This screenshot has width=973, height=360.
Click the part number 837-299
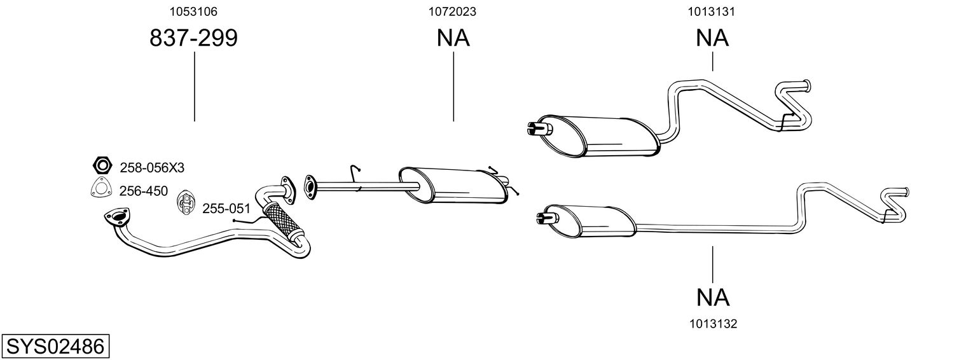coord(193,39)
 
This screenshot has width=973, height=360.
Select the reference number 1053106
coord(193,11)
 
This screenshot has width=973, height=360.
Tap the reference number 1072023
coord(453,11)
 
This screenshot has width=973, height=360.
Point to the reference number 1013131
coord(712,11)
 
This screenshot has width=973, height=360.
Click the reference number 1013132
coord(712,324)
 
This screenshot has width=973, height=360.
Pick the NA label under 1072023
coord(453,39)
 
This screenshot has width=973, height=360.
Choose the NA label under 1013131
coord(712,39)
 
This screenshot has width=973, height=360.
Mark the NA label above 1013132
coord(712,297)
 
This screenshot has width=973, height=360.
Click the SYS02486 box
coord(55,347)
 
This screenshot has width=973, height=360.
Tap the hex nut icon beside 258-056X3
coord(101,167)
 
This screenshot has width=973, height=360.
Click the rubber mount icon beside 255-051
coord(185,202)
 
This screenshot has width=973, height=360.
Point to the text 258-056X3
coord(152,168)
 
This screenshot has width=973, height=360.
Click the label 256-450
coord(144,190)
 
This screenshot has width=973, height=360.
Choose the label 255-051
coord(226,209)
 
